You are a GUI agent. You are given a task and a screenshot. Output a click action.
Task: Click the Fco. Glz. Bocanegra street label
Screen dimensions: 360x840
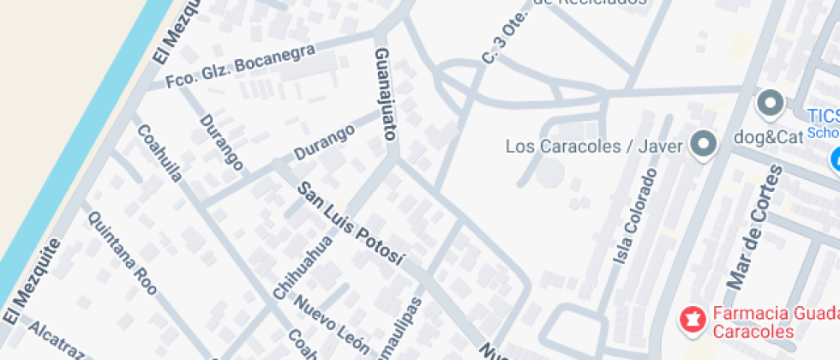[x=240, y=67]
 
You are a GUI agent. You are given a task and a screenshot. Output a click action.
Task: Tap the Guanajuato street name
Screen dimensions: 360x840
[x=385, y=93]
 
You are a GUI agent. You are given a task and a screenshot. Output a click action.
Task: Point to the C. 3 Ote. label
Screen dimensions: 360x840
[x=501, y=44]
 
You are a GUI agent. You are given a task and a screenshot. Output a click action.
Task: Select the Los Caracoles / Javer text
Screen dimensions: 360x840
[x=593, y=146]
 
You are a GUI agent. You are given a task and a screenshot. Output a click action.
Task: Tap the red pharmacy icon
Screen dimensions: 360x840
[x=691, y=321]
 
